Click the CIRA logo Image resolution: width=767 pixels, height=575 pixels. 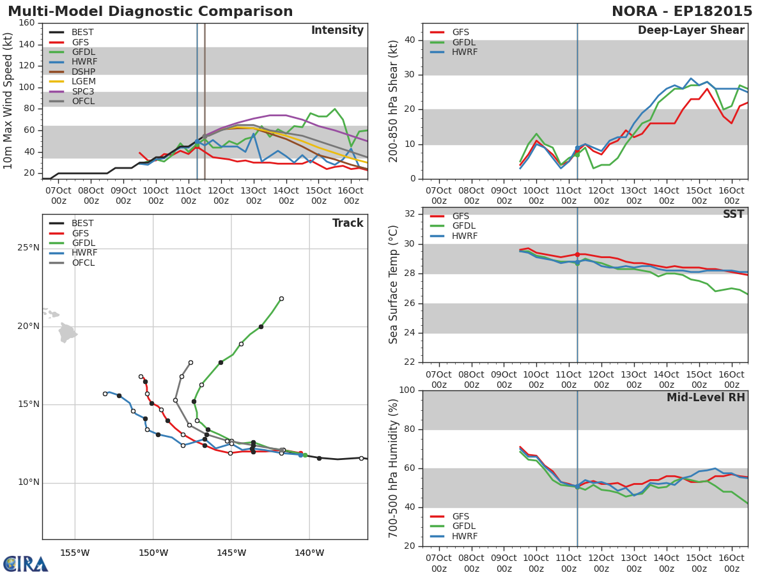(26, 563)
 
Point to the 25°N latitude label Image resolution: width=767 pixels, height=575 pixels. (29, 248)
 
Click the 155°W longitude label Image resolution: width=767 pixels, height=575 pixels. (75, 553)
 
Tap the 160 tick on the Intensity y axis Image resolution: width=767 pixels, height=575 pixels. (27, 23)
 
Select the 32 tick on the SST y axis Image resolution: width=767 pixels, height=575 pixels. (410, 213)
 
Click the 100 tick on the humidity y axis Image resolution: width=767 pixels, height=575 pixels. (407, 390)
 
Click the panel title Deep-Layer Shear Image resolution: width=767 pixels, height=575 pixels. (691, 31)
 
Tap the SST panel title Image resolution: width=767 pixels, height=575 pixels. (734, 214)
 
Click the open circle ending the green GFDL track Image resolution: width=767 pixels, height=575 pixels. (281, 299)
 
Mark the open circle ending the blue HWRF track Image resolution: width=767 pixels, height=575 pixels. (105, 394)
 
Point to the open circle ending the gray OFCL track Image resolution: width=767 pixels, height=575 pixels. (190, 363)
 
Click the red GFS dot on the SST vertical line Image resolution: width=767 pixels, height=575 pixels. (577, 255)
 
